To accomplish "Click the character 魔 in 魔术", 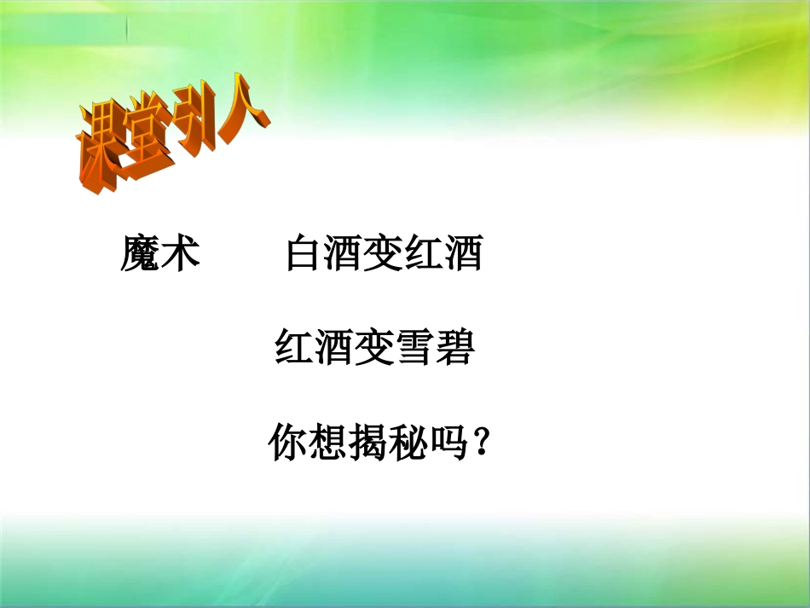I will pyautogui.click(x=140, y=254).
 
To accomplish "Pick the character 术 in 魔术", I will pyautogui.click(x=181, y=254).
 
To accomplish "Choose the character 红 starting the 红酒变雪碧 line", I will pyautogui.click(x=294, y=348).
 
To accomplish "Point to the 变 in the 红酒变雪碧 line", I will pyautogui.click(x=373, y=348).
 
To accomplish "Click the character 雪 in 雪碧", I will pyautogui.click(x=414, y=348).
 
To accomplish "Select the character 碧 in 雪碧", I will pyautogui.click(x=454, y=348).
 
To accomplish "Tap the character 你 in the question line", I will pyautogui.click(x=287, y=444).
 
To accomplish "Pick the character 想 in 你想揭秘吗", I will pyautogui.click(x=327, y=444).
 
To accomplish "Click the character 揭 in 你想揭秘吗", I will pyautogui.click(x=367, y=444).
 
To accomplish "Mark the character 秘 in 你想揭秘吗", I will pyautogui.click(x=407, y=444).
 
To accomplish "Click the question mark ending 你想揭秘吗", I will pyautogui.click(x=483, y=444).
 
